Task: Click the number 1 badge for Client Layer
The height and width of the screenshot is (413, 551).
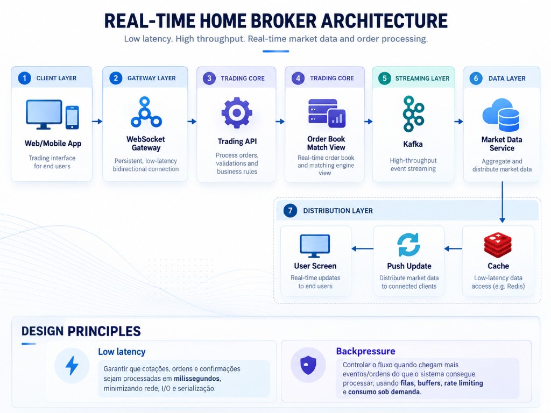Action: (x=25, y=78)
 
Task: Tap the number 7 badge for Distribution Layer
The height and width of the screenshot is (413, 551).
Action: (x=290, y=210)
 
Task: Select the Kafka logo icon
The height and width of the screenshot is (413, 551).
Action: (x=413, y=114)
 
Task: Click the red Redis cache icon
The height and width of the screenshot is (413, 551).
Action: (x=498, y=245)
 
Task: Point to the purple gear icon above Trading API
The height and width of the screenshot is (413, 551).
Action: (x=237, y=113)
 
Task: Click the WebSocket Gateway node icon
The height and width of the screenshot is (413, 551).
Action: (x=146, y=112)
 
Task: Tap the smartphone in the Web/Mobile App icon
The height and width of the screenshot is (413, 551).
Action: (x=73, y=117)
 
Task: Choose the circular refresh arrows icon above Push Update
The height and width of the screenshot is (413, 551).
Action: (x=409, y=245)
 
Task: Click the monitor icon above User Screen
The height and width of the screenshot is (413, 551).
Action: (x=315, y=246)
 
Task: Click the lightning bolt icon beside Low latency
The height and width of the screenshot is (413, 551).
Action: (x=72, y=366)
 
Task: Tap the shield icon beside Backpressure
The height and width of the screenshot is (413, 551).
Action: (x=308, y=365)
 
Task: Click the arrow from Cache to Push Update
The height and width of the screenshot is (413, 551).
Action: (x=453, y=248)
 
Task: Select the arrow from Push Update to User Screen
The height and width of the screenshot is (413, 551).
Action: (x=362, y=248)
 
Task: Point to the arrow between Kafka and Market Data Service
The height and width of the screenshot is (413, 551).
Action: (x=458, y=122)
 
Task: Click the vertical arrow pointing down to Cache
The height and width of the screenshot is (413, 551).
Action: (x=502, y=202)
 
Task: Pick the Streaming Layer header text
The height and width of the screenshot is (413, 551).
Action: (x=422, y=79)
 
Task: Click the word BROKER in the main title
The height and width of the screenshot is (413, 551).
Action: (x=256, y=21)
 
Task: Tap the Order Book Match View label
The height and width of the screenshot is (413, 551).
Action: (x=326, y=143)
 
